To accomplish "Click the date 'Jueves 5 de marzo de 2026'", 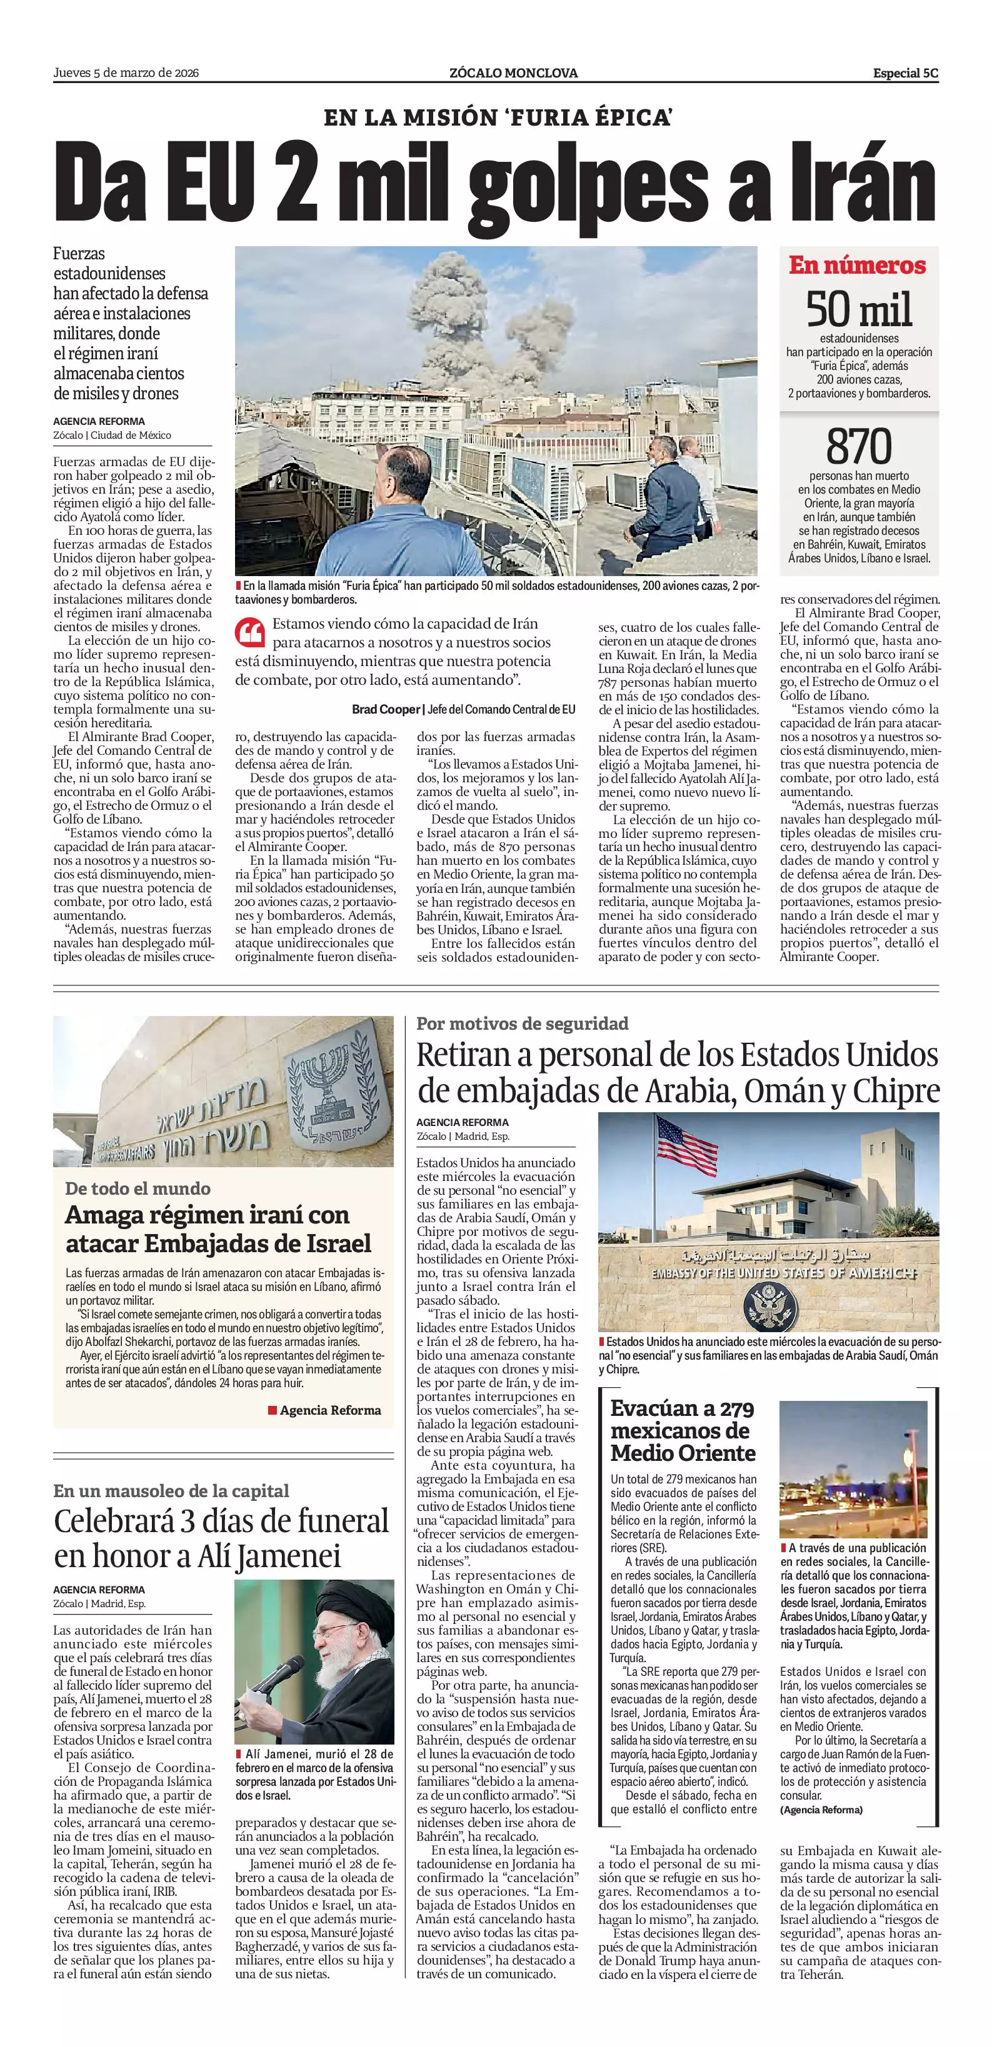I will [126, 73].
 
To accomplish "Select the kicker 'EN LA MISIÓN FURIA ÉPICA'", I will [498, 118].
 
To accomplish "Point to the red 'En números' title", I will [858, 266].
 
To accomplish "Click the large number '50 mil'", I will [858, 310].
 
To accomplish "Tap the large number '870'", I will [858, 447].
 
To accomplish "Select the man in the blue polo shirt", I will [418, 517].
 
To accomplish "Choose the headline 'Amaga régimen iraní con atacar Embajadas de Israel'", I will [219, 1228].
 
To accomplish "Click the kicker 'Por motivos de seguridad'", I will [522, 1023].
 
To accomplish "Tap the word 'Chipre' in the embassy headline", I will [896, 1092].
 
